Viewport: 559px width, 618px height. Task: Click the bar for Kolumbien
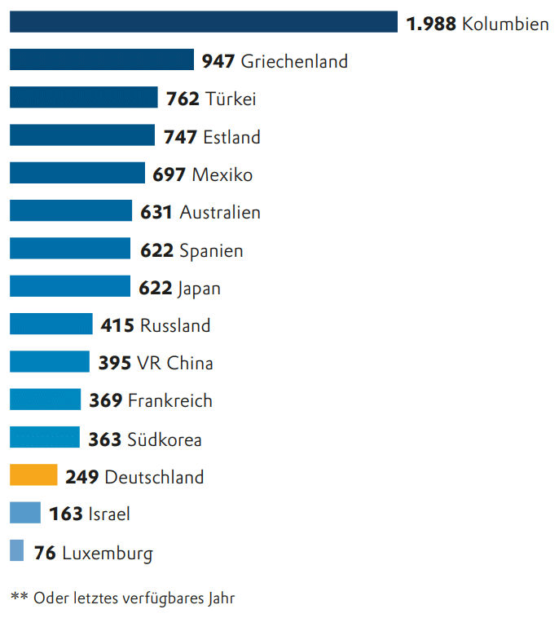pos(203,22)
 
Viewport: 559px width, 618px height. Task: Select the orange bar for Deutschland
pos(33,475)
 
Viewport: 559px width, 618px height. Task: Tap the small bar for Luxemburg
pos(17,551)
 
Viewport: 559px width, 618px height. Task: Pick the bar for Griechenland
pos(102,60)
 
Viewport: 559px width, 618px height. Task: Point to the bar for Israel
pos(25,513)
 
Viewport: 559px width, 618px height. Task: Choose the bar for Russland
pos(51,324)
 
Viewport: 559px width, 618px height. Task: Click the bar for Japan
pos(70,287)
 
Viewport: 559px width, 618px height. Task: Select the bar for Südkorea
pos(45,438)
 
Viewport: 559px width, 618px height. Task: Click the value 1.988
pos(431,24)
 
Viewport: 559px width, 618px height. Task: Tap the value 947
pos(218,61)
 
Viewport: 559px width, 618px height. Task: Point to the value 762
pos(183,99)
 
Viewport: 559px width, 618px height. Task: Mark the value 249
pos(82,477)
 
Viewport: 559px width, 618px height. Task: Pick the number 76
pos(45,554)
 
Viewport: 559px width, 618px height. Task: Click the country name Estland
pos(231,137)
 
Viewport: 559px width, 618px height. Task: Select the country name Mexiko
pos(222,174)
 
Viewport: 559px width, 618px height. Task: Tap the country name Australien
pos(220,213)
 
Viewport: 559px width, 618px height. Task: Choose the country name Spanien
pos(211,250)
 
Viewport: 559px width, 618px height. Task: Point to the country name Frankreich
pos(170,400)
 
